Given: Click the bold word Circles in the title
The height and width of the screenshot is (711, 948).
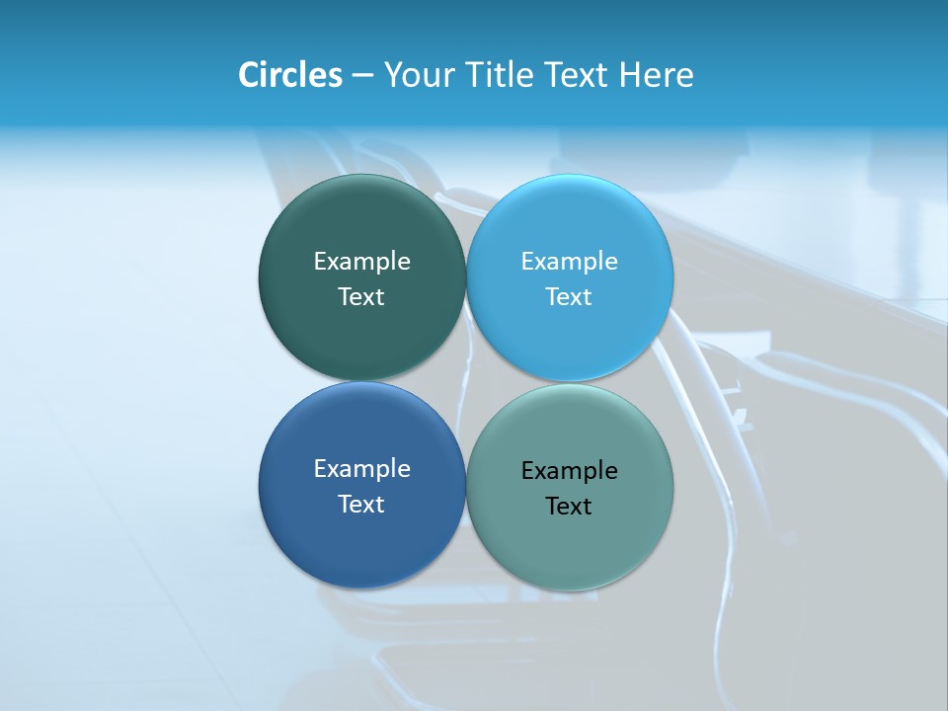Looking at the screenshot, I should coord(290,75).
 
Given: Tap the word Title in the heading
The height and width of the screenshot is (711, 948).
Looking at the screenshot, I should coord(499,75).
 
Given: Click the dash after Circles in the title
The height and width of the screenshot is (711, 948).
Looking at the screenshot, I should coord(362,76).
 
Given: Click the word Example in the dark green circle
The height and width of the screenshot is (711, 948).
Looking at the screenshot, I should coord(361,262).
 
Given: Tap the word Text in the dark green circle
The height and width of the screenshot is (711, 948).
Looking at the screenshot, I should coord(361,297).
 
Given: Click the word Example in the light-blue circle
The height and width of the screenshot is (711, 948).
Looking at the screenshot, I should coord(569,262).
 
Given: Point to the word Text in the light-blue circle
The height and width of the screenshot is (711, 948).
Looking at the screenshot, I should coord(569,297).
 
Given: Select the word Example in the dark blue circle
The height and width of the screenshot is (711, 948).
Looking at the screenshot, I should coord(361,469).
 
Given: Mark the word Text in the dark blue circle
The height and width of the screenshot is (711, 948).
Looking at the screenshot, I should coord(361,505).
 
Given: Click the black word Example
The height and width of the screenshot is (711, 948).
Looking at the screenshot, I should coord(569,471).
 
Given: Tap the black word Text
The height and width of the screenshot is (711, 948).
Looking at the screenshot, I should coord(569,507).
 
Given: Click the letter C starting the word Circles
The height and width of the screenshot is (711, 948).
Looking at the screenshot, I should coord(248,75).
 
